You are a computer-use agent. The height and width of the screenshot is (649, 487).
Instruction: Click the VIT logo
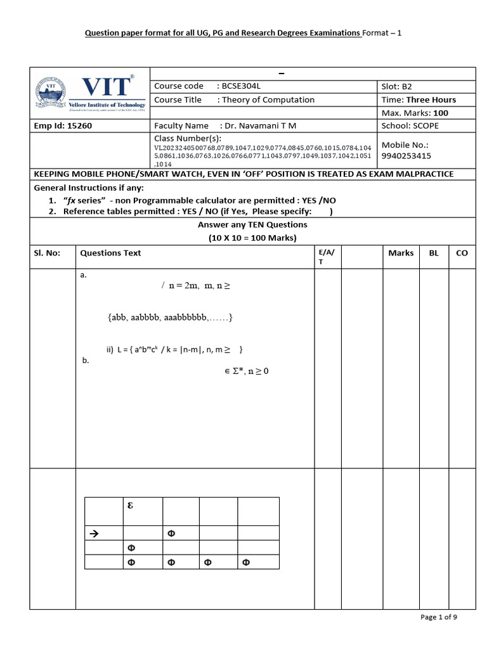point(89,93)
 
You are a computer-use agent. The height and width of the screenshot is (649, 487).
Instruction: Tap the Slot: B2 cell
point(397,86)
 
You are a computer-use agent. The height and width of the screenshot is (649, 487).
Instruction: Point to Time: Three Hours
point(419,100)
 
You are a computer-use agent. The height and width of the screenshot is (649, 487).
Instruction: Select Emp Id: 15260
point(63,125)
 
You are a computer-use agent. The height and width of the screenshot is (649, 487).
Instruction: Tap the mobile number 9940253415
point(406,155)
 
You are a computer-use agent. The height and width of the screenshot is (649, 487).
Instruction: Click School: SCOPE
point(410,125)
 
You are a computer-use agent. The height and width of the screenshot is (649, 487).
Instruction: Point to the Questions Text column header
point(110,253)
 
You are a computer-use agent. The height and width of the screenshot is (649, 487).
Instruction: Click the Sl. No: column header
point(47,253)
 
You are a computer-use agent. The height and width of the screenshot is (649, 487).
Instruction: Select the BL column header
point(434,253)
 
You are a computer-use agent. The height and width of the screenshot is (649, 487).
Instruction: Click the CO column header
point(462,253)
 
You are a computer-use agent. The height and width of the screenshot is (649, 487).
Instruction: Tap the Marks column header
point(401,253)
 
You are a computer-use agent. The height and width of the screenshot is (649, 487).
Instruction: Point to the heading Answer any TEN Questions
point(252,225)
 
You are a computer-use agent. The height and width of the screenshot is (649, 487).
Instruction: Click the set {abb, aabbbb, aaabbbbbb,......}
point(170,317)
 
